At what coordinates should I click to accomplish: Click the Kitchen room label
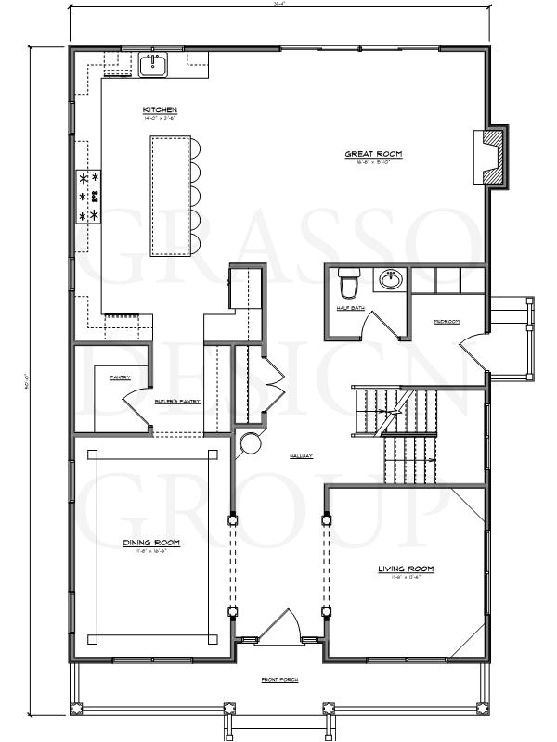pyautogui.click(x=160, y=110)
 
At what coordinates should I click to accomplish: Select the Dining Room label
pyautogui.click(x=151, y=543)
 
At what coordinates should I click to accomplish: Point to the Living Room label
pyautogui.click(x=406, y=569)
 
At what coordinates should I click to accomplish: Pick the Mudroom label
pyautogui.click(x=447, y=322)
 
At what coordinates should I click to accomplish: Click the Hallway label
pyautogui.click(x=300, y=456)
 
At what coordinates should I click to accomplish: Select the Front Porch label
pyautogui.click(x=278, y=681)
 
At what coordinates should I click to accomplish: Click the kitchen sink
pyautogui.click(x=152, y=65)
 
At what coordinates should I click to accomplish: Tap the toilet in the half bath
pyautogui.click(x=348, y=281)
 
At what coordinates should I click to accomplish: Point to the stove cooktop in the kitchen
pyautogui.click(x=88, y=196)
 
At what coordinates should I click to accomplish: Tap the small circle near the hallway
pyautogui.click(x=250, y=444)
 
